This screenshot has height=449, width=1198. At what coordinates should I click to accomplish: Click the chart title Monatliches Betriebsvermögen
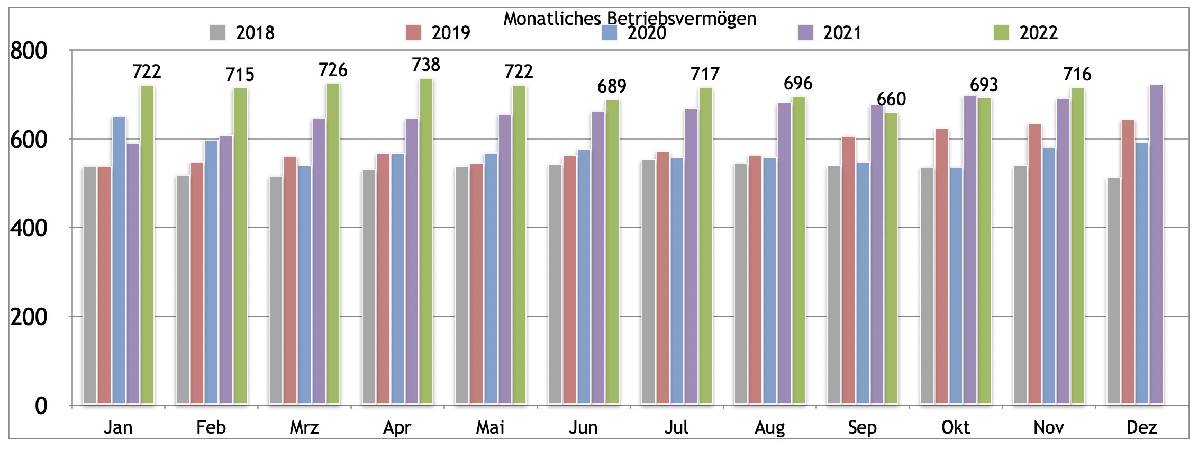[629, 19]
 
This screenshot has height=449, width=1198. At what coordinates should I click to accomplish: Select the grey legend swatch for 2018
[217, 33]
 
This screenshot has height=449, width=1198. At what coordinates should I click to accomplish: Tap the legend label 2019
[451, 33]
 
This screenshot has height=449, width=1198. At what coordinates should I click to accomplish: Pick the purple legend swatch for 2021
[805, 33]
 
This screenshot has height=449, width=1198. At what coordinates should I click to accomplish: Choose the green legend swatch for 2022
[1001, 33]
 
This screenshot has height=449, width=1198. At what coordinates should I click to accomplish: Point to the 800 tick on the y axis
[29, 51]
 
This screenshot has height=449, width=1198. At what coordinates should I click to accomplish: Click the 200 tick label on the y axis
[29, 317]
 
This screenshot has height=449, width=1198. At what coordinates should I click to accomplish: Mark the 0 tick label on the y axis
[41, 406]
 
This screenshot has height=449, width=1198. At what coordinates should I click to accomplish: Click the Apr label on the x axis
[397, 427]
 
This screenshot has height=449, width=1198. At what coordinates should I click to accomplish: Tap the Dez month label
[1141, 427]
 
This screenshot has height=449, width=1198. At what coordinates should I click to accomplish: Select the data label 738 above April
[426, 65]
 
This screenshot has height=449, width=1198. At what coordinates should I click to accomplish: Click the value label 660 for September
[891, 100]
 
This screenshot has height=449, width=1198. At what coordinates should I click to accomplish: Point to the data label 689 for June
[612, 86]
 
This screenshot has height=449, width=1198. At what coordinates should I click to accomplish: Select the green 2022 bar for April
[426, 241]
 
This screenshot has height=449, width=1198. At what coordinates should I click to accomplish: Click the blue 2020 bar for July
[677, 281]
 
